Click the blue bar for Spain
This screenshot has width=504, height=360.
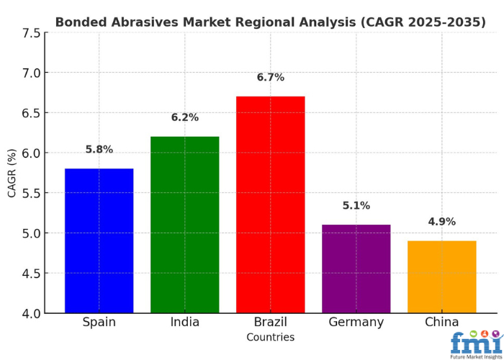point(99,240)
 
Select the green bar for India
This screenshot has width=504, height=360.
point(184,225)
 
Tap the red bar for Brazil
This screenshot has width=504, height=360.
point(270,204)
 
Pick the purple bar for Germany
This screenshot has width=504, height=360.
point(356,269)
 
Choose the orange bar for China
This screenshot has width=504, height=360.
point(441,276)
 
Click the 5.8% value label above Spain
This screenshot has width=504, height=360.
point(99,150)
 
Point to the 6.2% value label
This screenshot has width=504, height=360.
point(184,117)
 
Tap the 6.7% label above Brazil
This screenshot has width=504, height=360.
point(270,77)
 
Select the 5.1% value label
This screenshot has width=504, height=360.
point(356,206)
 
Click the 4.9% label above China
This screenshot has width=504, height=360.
point(441,222)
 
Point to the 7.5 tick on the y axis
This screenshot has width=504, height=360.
point(31,33)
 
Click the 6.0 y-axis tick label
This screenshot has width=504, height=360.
point(31,153)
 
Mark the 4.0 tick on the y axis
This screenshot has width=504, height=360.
point(31,314)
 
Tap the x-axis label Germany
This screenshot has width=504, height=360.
point(356,322)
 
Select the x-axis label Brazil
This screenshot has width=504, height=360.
point(270,322)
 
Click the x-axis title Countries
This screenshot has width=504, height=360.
point(270,337)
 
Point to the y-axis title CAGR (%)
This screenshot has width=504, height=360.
point(12,173)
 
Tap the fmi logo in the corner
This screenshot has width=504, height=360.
point(475,344)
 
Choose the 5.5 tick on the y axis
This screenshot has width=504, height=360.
point(31,194)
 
